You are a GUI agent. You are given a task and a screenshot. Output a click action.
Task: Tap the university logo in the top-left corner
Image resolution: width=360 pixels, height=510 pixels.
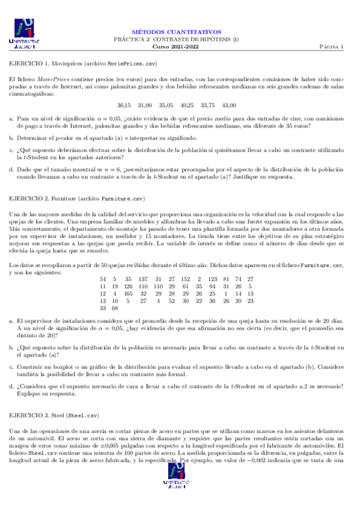22,34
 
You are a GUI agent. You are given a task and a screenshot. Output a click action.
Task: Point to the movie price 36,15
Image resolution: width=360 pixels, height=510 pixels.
124,105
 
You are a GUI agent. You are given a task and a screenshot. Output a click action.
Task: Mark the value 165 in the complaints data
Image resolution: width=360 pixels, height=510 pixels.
128,293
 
